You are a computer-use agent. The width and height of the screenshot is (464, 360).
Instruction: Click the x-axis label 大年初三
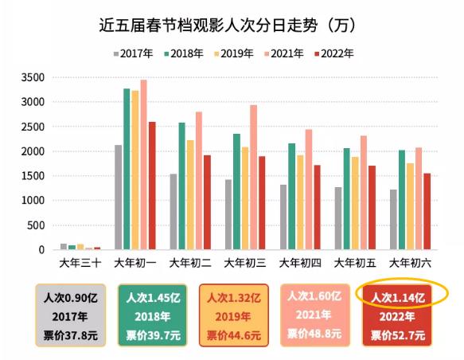click(x=244, y=261)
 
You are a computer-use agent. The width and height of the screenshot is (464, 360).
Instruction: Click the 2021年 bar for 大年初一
click(x=143, y=165)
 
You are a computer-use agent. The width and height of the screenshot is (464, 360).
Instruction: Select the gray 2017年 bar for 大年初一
click(x=119, y=198)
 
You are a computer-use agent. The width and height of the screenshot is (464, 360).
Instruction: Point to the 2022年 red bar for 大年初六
click(x=427, y=212)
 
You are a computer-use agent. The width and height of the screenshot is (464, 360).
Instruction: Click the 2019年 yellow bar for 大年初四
click(x=300, y=202)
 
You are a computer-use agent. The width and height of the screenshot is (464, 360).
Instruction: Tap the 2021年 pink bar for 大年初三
click(x=253, y=178)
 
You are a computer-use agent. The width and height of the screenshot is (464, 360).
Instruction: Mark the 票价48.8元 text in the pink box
click(x=314, y=334)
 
